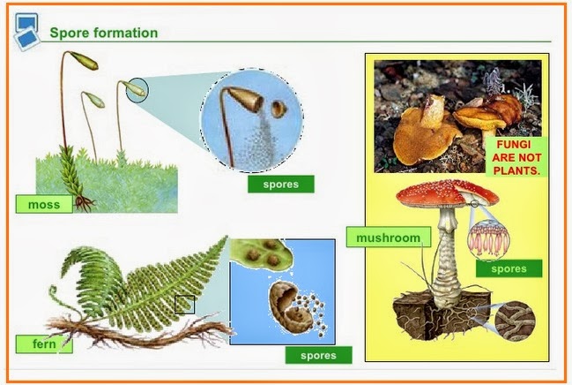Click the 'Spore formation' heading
point(103,34)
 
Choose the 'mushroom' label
point(389,238)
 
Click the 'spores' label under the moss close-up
point(281,185)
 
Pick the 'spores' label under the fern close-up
point(318,355)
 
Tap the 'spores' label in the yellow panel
point(508,268)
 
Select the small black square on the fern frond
point(185,305)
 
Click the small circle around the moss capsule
point(137,89)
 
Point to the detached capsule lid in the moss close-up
point(279,109)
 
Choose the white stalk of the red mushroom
point(454,256)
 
